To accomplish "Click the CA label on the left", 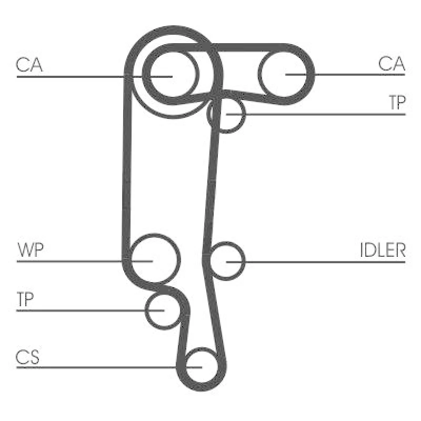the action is pos(29,64).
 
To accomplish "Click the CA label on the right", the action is pos(392,64).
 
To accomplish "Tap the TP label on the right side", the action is pos(397,103).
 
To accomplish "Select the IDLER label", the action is pos(383,250).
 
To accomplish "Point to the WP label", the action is pos(31,250).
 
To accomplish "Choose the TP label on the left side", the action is pos(25,299).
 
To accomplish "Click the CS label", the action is pos(27,357).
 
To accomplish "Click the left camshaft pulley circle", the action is pos(174,74).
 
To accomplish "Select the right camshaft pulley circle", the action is pos(285,74).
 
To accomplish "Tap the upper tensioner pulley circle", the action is pos(226,114).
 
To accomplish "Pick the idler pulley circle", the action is pos(226,261).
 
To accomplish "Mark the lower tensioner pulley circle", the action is pos(164,310).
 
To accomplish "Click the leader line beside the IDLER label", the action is pos(316,262).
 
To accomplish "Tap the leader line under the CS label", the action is pos(109,367).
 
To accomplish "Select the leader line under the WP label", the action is pos(85,261).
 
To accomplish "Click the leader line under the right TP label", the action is pos(316,115).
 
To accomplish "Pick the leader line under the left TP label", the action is pos(91,310).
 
